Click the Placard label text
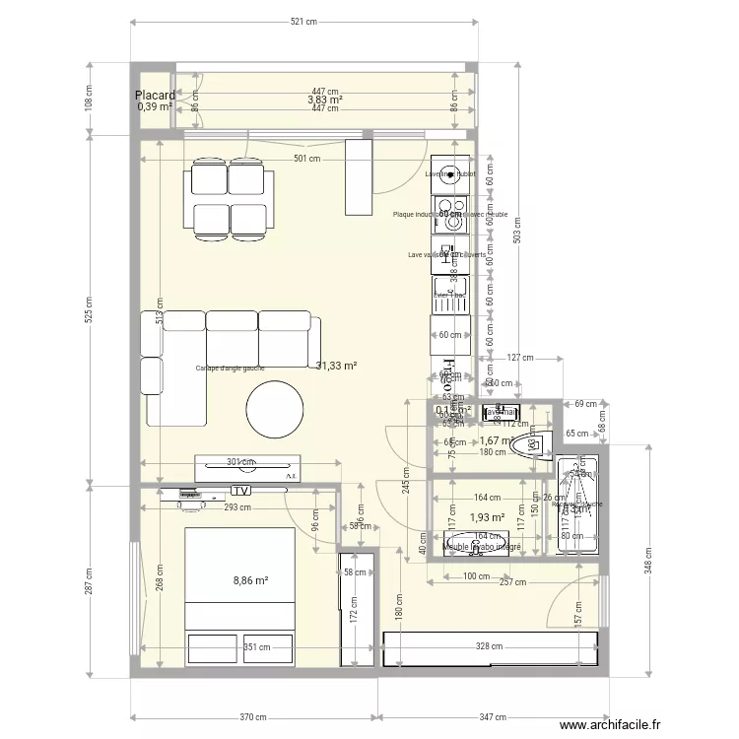coord(155,96)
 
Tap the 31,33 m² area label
coord(336,366)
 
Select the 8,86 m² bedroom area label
coord(250,581)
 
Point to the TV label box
coord(240,491)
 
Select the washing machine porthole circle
coord(451,170)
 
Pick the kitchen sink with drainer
coord(450,293)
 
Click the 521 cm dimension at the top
coord(303,22)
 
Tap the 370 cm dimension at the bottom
coord(253,716)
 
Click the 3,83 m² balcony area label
coord(324,100)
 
